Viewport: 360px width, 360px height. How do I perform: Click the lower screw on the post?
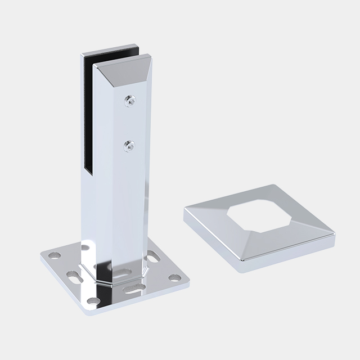click(x=129, y=145)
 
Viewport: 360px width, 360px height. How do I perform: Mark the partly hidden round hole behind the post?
click(x=85, y=247)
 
